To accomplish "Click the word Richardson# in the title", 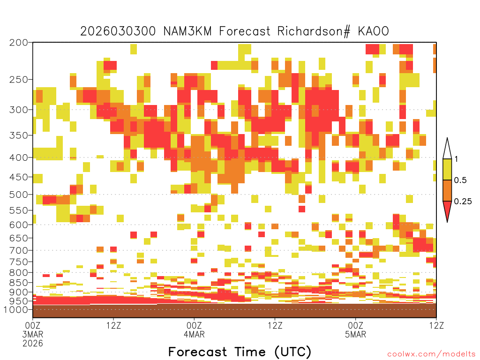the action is coord(314,31).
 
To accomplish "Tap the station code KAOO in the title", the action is coord(373,31).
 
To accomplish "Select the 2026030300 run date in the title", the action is coord(118,31).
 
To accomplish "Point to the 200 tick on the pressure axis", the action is coord(18,42).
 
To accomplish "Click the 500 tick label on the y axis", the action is coord(18,195).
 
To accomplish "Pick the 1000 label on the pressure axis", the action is coord(16,309).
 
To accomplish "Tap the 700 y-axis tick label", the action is coord(18,250).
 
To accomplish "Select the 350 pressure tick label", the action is coord(18,135).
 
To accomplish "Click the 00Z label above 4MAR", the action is coord(194,325).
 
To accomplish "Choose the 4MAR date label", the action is coord(194,334).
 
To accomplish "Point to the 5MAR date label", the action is coord(355,334).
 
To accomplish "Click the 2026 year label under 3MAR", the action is coord(33,343).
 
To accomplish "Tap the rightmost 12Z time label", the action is coord(436,325).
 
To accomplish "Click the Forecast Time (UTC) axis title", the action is coord(240,352).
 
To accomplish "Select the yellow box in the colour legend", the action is coord(447,169).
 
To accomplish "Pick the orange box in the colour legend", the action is coord(447,190).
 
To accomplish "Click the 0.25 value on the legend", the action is coord(463,201).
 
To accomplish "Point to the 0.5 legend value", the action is coord(460,180).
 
